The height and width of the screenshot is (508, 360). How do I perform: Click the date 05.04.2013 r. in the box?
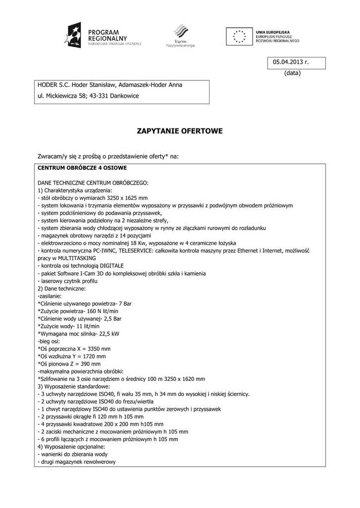(x=290, y=62)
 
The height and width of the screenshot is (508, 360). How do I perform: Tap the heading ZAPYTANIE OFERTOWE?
(x=180, y=131)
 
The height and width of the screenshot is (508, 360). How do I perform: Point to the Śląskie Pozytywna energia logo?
(x=181, y=35)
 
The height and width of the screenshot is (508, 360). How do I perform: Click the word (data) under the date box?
(x=292, y=73)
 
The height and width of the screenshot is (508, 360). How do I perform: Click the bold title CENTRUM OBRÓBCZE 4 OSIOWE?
(x=82, y=168)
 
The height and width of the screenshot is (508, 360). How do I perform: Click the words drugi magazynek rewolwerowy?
(x=78, y=462)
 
